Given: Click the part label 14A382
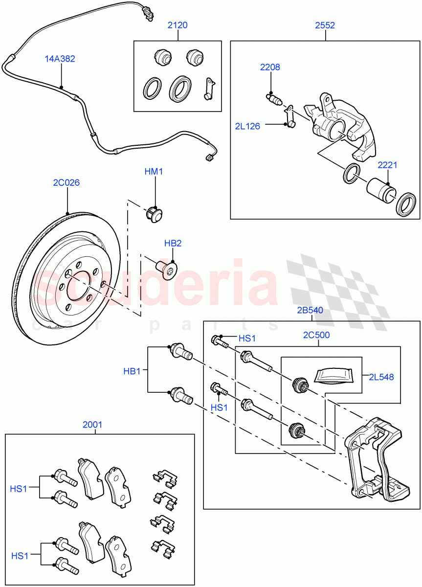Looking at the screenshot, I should click(60, 59).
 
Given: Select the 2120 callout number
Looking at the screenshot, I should click(177, 25).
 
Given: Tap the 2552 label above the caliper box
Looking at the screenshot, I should click(325, 25).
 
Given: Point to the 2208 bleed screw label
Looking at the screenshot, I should click(270, 68).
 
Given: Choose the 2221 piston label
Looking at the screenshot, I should click(387, 165).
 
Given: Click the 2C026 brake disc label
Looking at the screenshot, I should click(67, 183).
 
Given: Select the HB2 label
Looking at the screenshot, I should click(173, 243).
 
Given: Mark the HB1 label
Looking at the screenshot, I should click(132, 371).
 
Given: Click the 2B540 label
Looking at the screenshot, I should click(310, 310).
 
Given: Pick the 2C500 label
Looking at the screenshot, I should click(316, 335).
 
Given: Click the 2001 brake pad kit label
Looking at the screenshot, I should click(92, 425).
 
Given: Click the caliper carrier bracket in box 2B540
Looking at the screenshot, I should click(375, 460).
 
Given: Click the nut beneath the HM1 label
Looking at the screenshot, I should click(155, 214).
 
